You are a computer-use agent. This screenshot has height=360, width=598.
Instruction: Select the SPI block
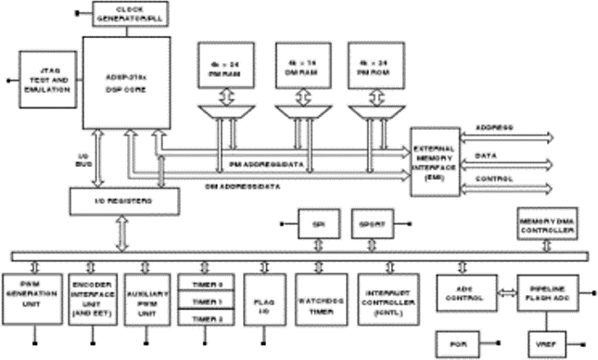pyautogui.click(x=318, y=224)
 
